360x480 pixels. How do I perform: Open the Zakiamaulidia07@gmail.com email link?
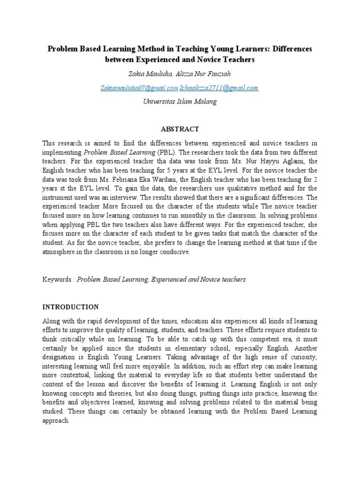click(139, 88)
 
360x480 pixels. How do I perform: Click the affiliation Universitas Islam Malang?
click(180, 102)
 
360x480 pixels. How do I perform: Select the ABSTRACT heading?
click(180, 129)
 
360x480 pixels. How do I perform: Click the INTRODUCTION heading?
click(71, 307)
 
